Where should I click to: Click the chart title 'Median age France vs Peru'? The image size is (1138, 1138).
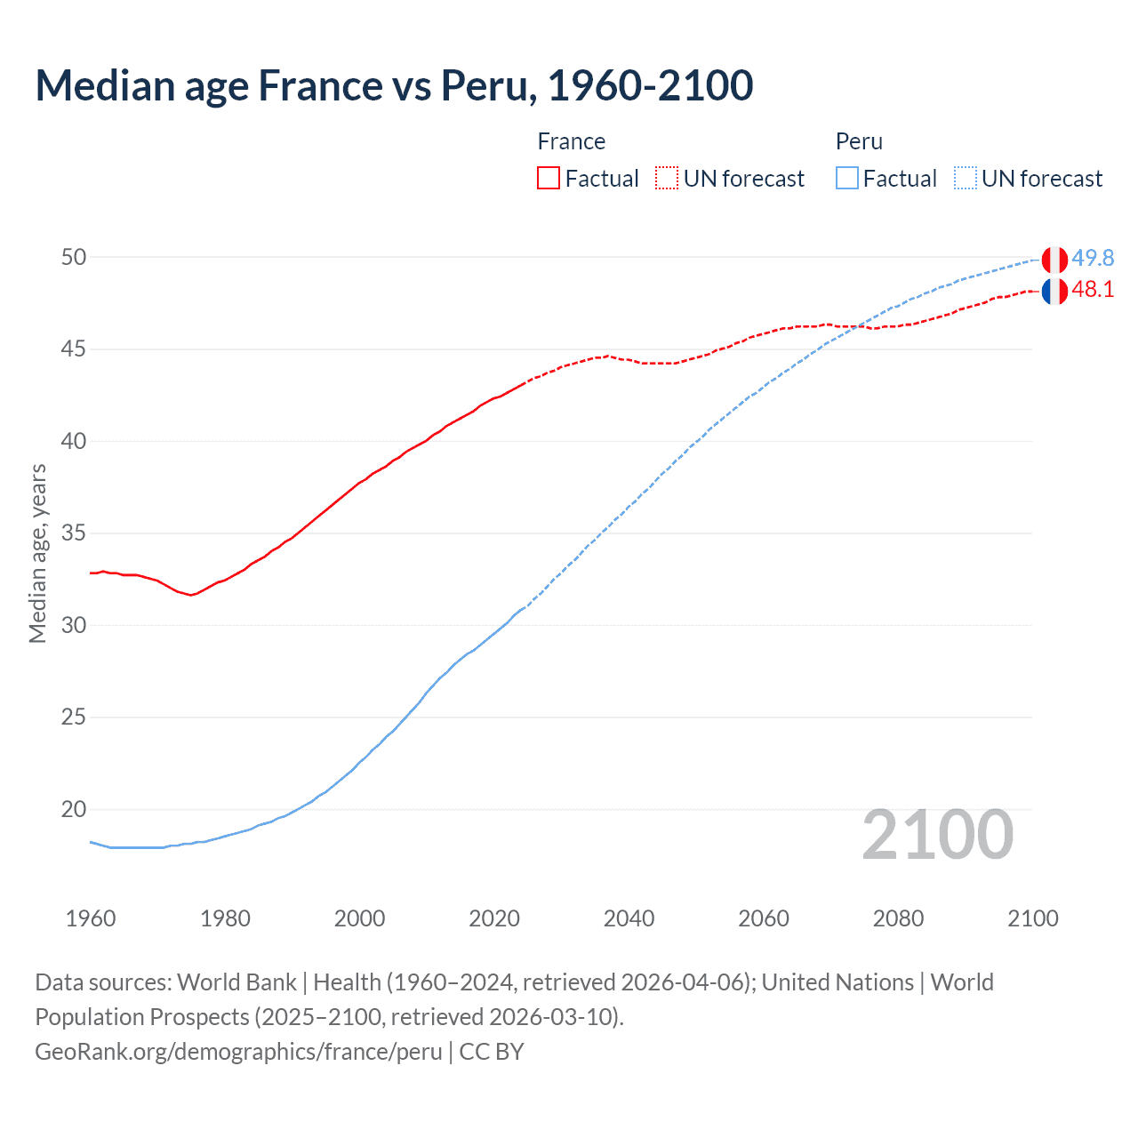[x=394, y=85]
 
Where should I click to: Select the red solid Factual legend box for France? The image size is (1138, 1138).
[x=549, y=178]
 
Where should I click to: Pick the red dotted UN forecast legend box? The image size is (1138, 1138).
[x=667, y=178]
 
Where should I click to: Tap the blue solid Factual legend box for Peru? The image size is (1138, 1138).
[x=847, y=178]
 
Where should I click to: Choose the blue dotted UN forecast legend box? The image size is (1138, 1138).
[x=966, y=178]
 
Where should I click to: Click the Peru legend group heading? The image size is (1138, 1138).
[x=859, y=141]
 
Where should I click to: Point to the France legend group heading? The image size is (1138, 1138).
[x=571, y=141]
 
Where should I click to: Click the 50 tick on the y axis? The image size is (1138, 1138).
[x=74, y=257]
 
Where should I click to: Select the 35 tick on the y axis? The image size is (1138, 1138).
[x=74, y=533]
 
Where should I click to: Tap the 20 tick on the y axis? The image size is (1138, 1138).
[x=74, y=809]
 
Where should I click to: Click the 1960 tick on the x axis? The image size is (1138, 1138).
[x=91, y=918]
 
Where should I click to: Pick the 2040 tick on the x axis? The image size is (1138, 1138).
[x=629, y=918]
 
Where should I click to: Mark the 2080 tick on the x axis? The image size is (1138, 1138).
[x=898, y=918]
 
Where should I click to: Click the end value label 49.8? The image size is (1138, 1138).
[x=1093, y=258]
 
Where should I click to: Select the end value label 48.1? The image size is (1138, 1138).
[x=1093, y=290]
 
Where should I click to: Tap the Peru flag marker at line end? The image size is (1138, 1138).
[x=1054, y=260]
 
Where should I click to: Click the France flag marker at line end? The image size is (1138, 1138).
[x=1054, y=291]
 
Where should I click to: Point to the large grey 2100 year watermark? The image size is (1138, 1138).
[x=937, y=834]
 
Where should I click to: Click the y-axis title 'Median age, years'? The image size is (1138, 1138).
[x=37, y=553]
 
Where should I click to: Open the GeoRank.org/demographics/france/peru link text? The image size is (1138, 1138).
[x=238, y=1052]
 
